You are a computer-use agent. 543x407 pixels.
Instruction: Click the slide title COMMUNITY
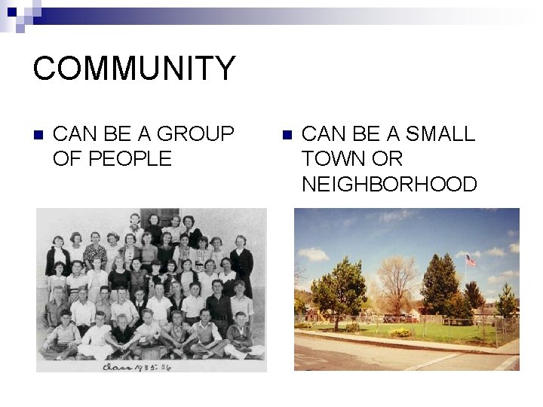pos(134,68)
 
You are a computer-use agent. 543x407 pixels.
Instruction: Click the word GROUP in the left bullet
pos(201,134)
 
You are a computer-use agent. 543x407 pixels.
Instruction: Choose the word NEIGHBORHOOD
pos(389,184)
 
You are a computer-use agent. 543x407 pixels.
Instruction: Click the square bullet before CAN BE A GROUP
pos(38,135)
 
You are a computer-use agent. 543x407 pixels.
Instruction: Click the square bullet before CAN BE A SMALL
pos(285,135)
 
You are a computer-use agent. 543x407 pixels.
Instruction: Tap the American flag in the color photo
pos(471,261)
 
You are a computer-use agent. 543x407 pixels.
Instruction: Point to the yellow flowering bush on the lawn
pos(400,332)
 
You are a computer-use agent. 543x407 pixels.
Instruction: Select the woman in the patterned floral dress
pos(95,254)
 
